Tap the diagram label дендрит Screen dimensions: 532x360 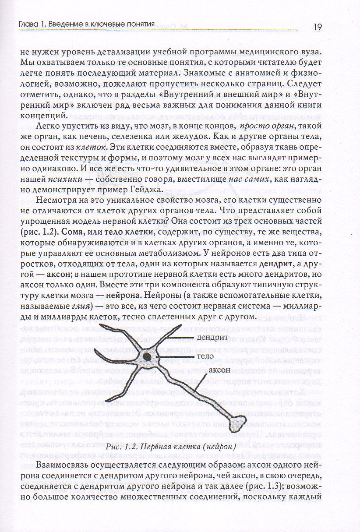coord(212,338)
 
